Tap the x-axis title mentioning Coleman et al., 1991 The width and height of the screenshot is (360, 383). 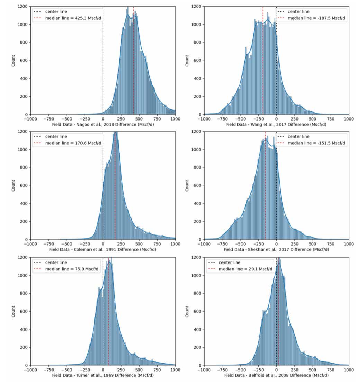[103, 249]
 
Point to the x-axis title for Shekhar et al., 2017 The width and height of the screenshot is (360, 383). [276, 249]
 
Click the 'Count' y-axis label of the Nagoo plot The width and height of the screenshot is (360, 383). [13, 60]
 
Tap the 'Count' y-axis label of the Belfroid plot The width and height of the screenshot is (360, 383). [187, 311]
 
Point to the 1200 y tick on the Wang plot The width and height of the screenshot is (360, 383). [197, 7]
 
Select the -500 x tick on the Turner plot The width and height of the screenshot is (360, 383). [66, 369]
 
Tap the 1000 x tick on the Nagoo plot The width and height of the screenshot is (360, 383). [175, 119]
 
